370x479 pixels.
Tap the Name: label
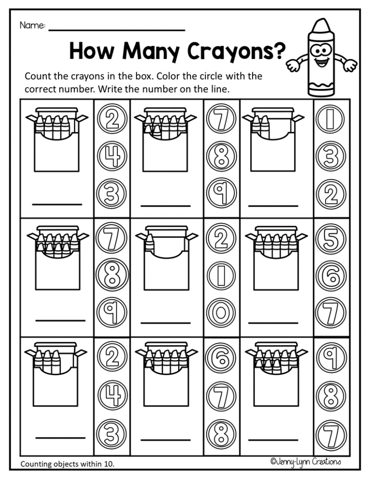(x=32, y=25)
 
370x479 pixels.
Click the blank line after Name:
(x=117, y=29)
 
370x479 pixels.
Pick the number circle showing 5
(x=330, y=239)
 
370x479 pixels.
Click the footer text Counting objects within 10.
(x=68, y=464)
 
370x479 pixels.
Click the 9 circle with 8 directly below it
(x=330, y=357)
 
